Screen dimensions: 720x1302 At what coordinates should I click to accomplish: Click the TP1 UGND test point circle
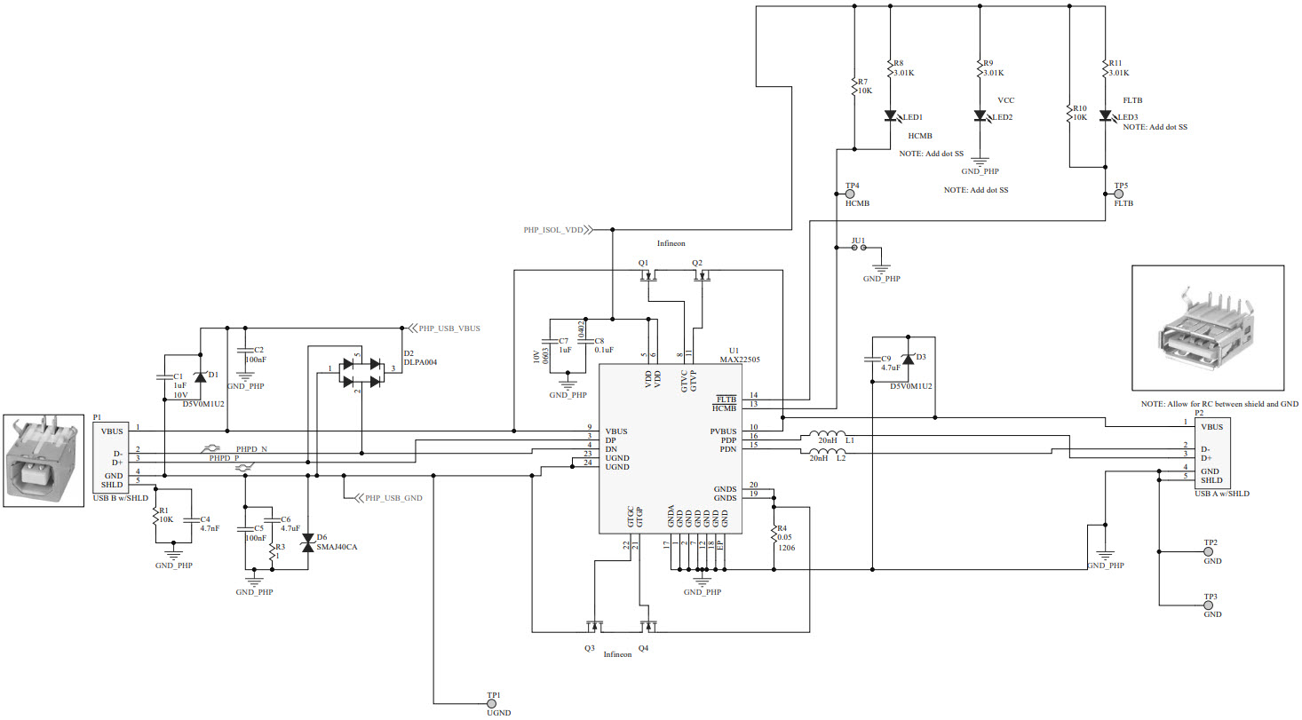pos(493,702)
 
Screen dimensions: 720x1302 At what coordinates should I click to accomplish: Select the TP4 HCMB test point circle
pos(849,193)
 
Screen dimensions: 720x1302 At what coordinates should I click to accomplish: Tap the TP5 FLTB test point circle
pos(1120,193)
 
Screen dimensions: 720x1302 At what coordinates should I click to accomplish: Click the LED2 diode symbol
pos(980,116)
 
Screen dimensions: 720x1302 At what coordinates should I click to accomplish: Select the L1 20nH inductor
pos(826,436)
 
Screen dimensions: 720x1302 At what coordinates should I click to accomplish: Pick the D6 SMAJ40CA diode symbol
pos(308,542)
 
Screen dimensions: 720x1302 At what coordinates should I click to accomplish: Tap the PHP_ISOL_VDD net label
pos(553,229)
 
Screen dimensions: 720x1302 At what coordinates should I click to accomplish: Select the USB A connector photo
pos(1207,328)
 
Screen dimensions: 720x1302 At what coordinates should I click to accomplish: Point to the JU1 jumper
pos(859,248)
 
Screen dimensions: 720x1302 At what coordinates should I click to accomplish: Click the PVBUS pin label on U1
pos(724,431)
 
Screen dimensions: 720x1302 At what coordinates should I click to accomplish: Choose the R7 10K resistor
pos(853,86)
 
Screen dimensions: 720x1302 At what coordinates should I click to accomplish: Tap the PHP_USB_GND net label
pos(392,498)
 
